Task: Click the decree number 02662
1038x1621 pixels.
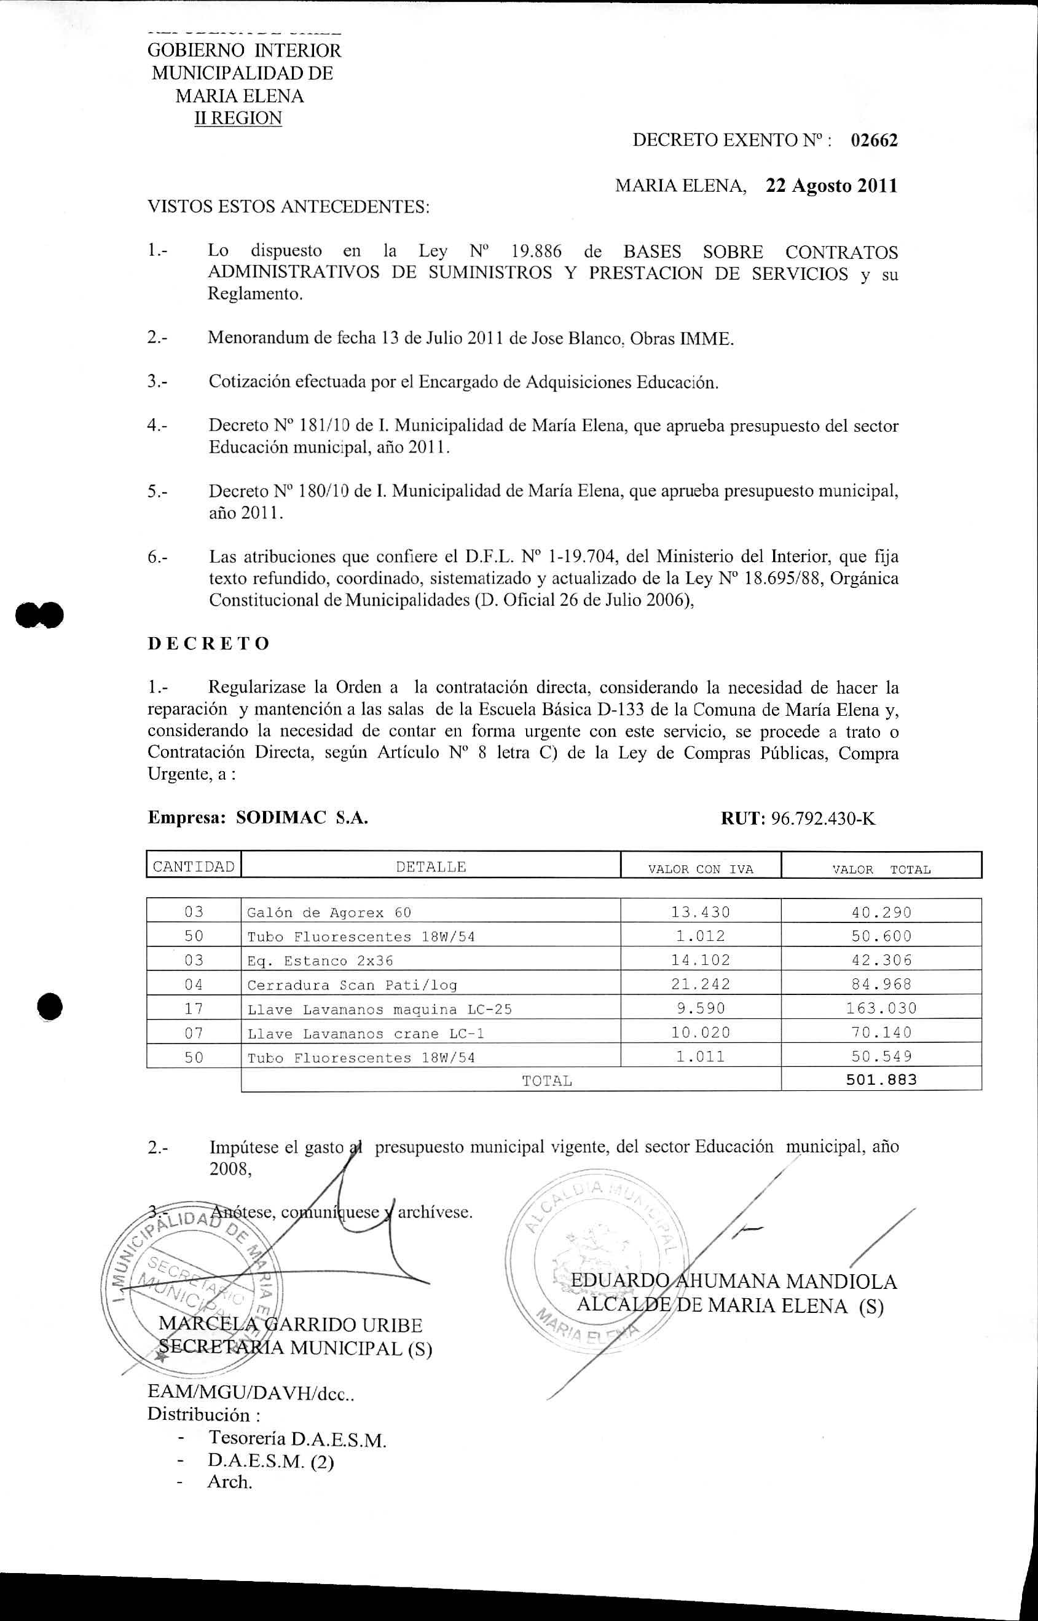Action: point(873,140)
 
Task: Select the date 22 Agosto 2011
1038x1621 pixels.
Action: point(831,186)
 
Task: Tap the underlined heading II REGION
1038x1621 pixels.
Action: point(238,118)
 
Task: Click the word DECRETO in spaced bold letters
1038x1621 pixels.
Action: point(208,643)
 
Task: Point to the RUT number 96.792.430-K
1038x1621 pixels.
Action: point(822,818)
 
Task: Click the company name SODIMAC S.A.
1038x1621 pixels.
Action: point(301,818)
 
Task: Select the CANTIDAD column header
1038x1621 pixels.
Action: point(194,866)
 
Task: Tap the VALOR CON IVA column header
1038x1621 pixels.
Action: point(701,869)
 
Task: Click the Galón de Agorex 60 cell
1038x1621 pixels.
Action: point(328,913)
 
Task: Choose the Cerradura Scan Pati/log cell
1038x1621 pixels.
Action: point(352,985)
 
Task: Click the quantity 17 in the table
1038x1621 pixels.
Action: point(194,1009)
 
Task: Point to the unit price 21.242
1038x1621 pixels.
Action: point(701,985)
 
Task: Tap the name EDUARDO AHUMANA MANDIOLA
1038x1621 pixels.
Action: point(733,1281)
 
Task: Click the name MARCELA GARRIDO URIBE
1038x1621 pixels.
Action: point(290,1325)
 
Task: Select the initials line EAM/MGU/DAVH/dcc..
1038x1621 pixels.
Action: point(251,1392)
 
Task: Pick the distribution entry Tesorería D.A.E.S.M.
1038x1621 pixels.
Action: point(297,1440)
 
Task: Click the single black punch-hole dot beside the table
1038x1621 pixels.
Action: point(50,1007)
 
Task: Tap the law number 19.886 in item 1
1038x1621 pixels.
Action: point(536,252)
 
